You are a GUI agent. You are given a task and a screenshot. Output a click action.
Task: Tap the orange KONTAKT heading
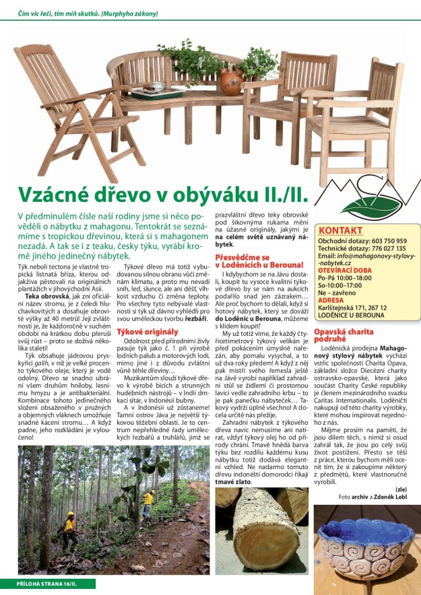[341, 230]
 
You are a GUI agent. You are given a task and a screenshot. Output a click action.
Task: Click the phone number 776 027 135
[388, 248]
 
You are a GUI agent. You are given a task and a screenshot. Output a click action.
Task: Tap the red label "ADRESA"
[331, 300]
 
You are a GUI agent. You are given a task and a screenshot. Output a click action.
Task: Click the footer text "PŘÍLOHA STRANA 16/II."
[47, 583]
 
